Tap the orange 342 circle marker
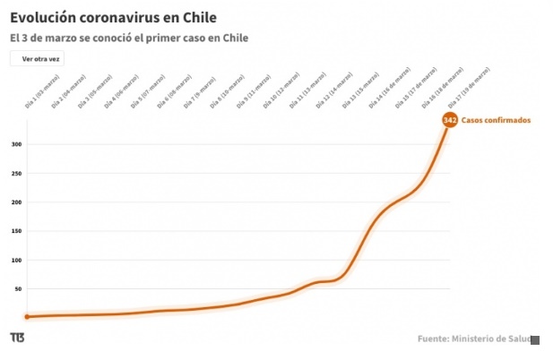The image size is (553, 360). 450,120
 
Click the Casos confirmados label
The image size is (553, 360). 497,120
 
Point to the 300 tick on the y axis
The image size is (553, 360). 16,144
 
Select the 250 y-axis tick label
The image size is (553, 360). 16,173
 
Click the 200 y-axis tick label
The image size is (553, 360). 16,202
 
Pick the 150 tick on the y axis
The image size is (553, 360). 16,231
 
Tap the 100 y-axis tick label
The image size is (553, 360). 16,260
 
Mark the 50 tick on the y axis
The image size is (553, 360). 18,289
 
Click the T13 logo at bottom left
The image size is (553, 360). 17,338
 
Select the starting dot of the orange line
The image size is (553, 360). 27,316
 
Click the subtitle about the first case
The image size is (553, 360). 129,38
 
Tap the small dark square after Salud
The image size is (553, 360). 535,339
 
